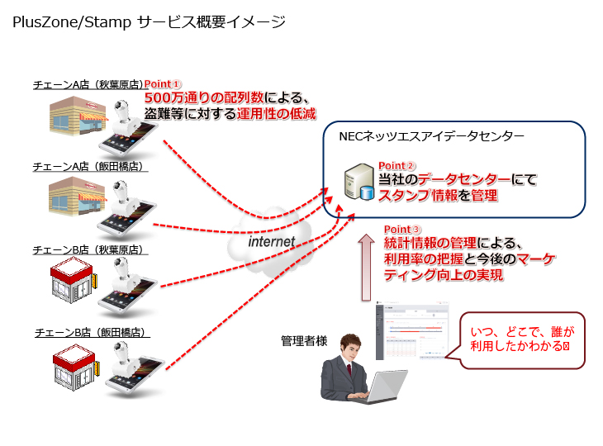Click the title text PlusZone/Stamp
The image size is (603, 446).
71,23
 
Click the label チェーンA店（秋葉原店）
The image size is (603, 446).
88,84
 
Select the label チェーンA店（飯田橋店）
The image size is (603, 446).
88,166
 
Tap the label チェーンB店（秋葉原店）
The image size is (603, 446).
88,249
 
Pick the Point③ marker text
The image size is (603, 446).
404,229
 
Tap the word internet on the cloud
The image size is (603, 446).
272,241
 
